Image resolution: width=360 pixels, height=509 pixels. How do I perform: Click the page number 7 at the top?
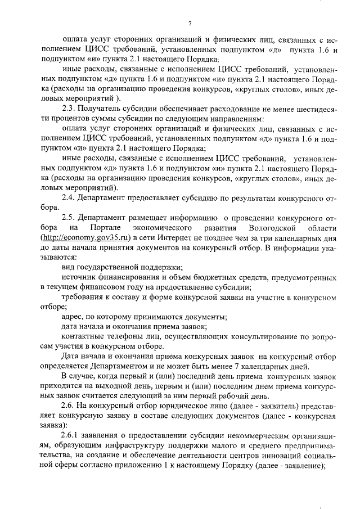click(190, 23)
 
